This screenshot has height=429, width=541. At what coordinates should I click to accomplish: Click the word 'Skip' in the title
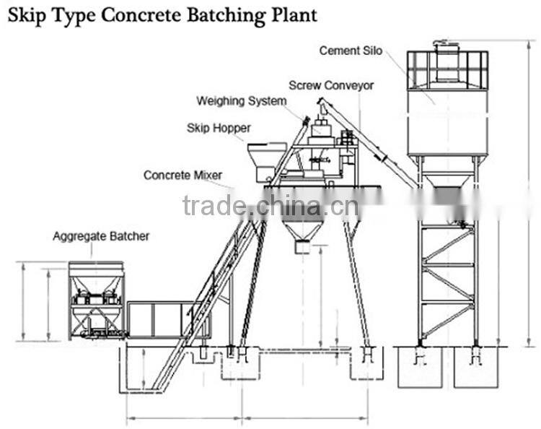(x=26, y=15)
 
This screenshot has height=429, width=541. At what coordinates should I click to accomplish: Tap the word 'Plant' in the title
(x=294, y=15)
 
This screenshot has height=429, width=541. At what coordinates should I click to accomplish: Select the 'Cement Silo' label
(x=351, y=51)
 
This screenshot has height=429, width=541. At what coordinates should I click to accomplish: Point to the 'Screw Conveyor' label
(x=331, y=85)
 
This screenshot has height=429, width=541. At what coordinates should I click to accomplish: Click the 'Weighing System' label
(x=242, y=101)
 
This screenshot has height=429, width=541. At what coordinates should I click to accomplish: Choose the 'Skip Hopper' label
(x=219, y=128)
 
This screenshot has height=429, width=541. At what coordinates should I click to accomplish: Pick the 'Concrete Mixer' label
(x=182, y=175)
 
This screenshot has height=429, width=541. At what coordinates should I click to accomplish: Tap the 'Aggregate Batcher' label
(x=101, y=236)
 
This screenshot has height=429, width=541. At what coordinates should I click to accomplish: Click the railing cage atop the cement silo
(x=447, y=69)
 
